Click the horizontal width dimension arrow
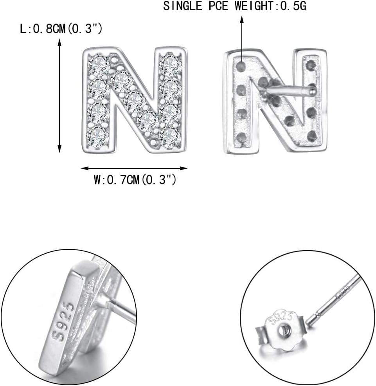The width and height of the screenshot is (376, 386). click(x=134, y=168)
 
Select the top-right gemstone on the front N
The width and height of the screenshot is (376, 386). click(x=171, y=64)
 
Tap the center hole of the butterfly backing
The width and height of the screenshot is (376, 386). click(x=282, y=331)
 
